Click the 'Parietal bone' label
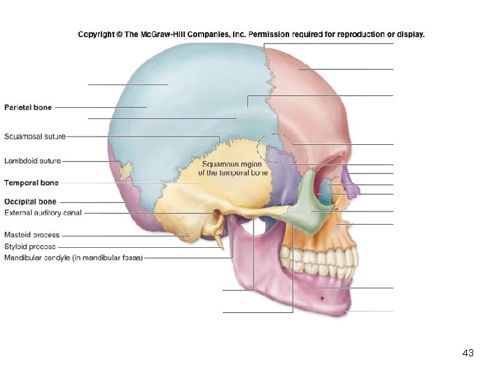[x=28, y=107]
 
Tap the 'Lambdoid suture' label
[x=32, y=161]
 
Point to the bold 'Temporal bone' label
[x=31, y=183]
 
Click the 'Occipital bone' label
[x=30, y=202]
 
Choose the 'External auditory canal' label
[x=43, y=212]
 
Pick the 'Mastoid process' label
[x=32, y=235]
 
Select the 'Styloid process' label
[x=30, y=246]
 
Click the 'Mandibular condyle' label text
[x=73, y=258]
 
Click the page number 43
[x=468, y=353]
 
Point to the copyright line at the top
[x=251, y=34]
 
